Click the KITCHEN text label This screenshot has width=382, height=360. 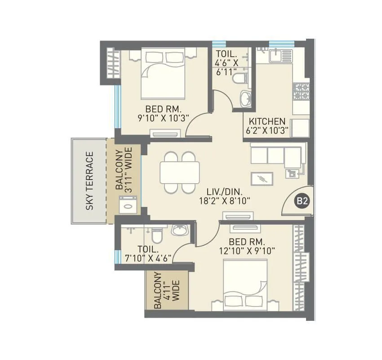[267, 121]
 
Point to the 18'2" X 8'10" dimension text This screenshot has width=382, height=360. [225, 201]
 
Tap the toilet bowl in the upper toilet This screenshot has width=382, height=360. [240, 79]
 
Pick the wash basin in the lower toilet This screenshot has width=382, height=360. [179, 230]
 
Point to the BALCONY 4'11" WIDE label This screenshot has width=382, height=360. [166, 291]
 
